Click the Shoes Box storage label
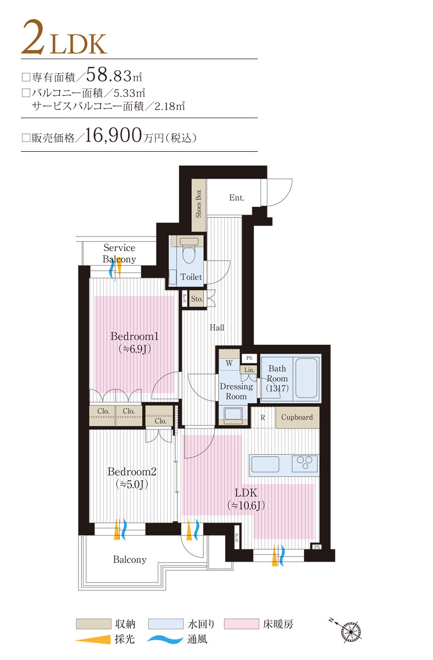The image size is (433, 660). [198, 204]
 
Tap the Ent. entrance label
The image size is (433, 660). [237, 197]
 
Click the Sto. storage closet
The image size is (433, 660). [197, 299]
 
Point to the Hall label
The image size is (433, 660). [216, 327]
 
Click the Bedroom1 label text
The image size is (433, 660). [134, 336]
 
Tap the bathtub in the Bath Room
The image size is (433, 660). [306, 378]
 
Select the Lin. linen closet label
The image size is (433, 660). [249, 370]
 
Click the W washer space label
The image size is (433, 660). [229, 363]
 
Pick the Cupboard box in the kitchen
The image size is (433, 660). [297, 417]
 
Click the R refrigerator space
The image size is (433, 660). [263, 417]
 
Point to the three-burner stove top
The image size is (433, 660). [304, 464]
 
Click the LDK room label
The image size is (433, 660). [246, 493]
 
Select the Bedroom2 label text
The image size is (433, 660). [132, 472]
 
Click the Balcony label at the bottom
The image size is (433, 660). [130, 559]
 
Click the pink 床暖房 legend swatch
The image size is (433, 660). [241, 624]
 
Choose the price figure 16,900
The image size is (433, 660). [113, 135]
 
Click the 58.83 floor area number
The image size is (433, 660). [109, 75]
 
